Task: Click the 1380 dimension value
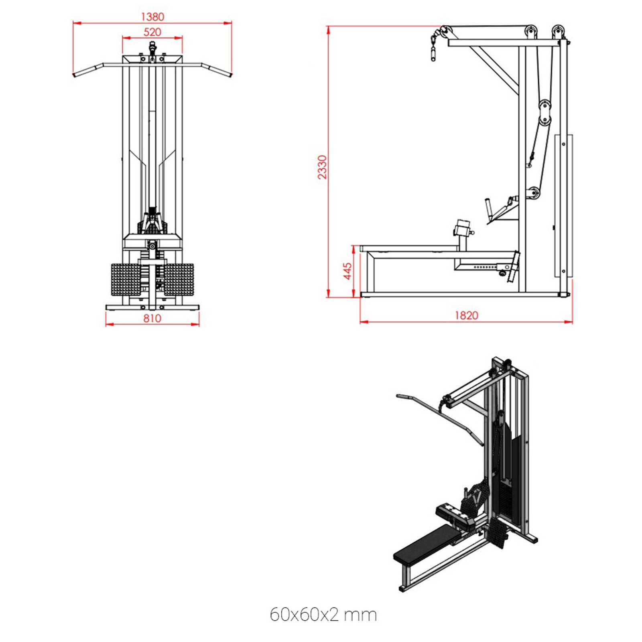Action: click(x=152, y=17)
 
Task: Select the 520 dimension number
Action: click(x=152, y=32)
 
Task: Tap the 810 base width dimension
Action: click(x=152, y=318)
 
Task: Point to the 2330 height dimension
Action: click(x=322, y=167)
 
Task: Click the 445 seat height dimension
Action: click(x=347, y=271)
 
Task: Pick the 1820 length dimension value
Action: click(x=466, y=315)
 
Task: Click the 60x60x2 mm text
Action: click(x=323, y=614)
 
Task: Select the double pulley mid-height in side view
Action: click(x=544, y=113)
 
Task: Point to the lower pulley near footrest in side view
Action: click(x=534, y=193)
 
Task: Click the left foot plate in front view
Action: click(x=125, y=280)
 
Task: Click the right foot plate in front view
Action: click(x=179, y=280)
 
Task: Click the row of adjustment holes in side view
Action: click(x=485, y=267)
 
